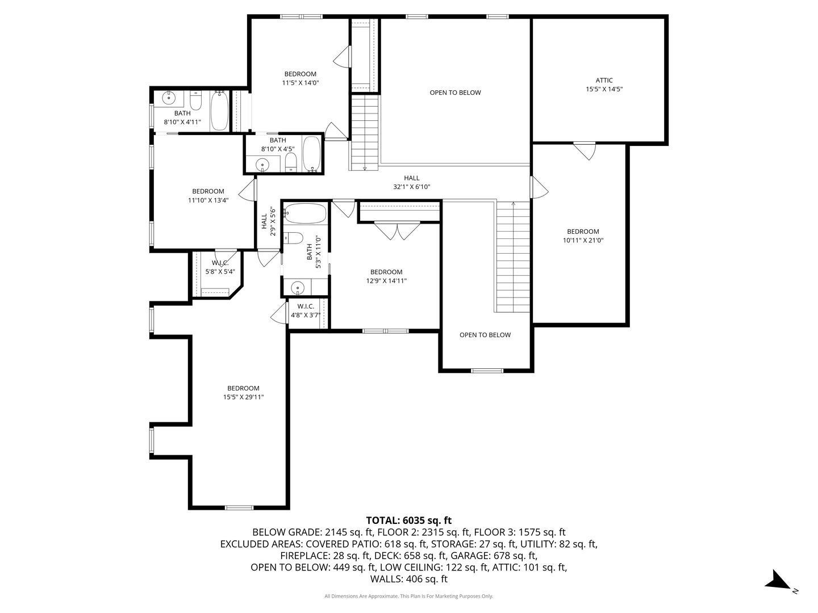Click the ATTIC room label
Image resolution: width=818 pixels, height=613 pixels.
pyautogui.click(x=604, y=81)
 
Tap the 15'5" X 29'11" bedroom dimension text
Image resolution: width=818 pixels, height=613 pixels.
pyautogui.click(x=243, y=397)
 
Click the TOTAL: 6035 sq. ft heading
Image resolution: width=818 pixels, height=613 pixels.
pyautogui.click(x=408, y=520)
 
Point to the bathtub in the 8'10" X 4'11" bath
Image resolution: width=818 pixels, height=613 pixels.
pyautogui.click(x=219, y=111)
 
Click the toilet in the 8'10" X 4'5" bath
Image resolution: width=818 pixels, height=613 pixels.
pyautogui.click(x=291, y=161)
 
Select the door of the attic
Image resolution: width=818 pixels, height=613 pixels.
pyautogui.click(x=584, y=150)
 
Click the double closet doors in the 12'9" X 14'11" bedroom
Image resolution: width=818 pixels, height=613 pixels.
pyautogui.click(x=397, y=230)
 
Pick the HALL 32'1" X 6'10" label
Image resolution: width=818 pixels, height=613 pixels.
pyautogui.click(x=412, y=182)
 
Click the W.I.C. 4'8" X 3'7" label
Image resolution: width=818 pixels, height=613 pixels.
pyautogui.click(x=306, y=310)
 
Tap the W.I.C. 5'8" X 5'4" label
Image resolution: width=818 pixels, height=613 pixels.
pyautogui.click(x=220, y=267)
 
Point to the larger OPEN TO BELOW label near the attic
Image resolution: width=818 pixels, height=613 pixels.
pyautogui.click(x=455, y=93)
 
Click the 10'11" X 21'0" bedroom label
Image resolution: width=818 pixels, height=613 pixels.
pyautogui.click(x=583, y=236)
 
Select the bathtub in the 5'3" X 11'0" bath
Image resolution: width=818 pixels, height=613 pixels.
pyautogui.click(x=306, y=214)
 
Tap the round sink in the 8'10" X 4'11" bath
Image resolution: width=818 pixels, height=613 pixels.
pyautogui.click(x=169, y=98)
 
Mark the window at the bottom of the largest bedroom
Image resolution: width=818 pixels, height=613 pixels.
pyautogui.click(x=239, y=507)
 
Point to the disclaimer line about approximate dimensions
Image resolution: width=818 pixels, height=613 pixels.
pyautogui.click(x=408, y=596)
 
